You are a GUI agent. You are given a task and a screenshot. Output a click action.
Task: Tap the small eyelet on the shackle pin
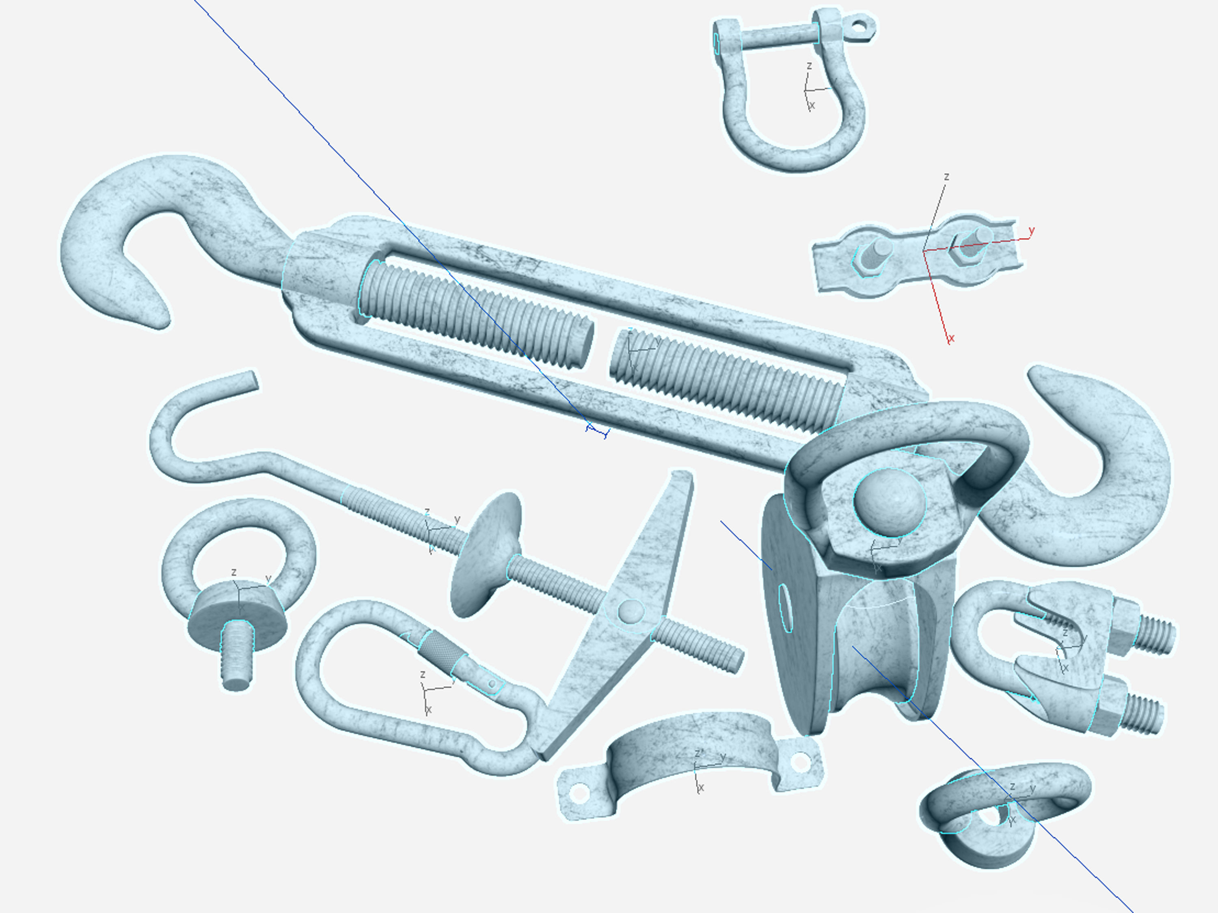point(859,25)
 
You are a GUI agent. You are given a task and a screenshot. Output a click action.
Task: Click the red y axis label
point(1031,231)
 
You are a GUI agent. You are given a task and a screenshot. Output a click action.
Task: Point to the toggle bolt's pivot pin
point(630,610)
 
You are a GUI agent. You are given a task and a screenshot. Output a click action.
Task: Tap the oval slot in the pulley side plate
point(786,608)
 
